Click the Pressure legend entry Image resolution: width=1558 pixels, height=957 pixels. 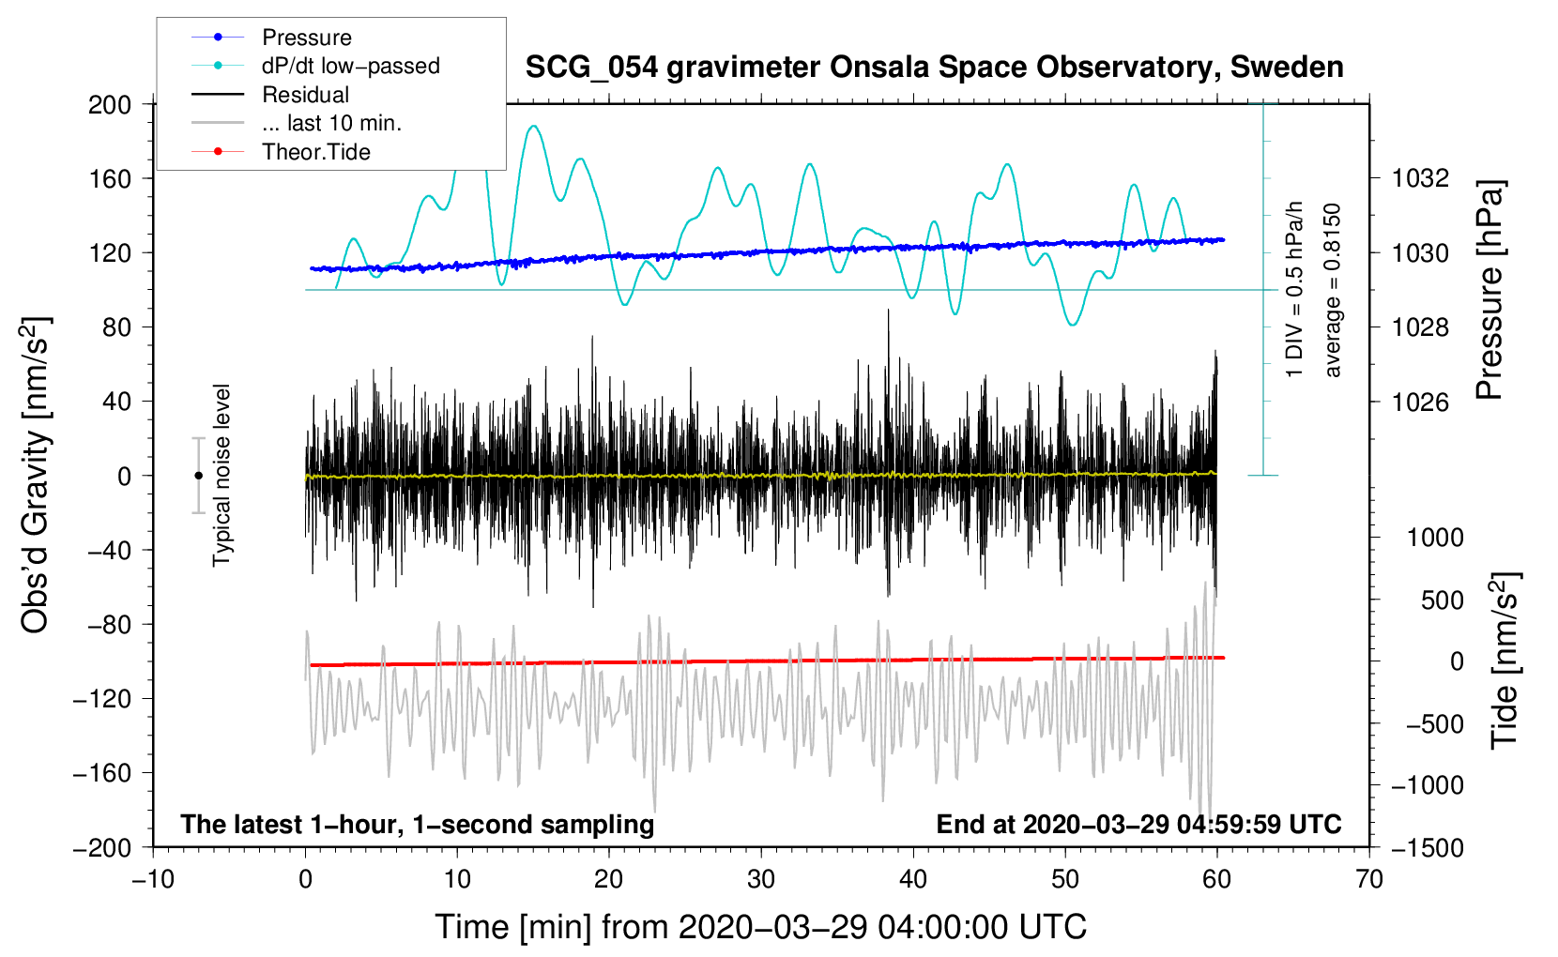[x=306, y=38]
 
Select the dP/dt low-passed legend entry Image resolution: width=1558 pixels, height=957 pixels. [x=350, y=66]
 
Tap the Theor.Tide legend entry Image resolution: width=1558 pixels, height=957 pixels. [x=315, y=152]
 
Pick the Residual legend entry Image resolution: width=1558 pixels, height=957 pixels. [x=305, y=95]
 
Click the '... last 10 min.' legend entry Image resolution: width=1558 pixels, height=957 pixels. [x=331, y=123]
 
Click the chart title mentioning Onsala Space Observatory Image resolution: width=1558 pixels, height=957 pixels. [x=934, y=68]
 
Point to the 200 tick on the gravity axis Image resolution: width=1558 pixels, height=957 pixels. [x=110, y=104]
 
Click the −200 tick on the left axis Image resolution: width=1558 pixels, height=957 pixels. [x=102, y=847]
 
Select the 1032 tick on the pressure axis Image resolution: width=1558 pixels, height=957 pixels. [x=1420, y=178]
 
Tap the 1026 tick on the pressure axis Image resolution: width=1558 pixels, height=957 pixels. [x=1420, y=402]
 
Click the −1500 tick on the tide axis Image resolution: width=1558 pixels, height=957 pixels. [x=1427, y=847]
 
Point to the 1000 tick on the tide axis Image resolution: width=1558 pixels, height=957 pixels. [x=1434, y=538]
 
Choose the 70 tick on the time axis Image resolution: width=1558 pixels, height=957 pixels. [x=1369, y=879]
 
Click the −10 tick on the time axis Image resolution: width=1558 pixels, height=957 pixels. [x=153, y=879]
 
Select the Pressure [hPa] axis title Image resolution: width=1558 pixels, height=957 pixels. [x=1489, y=291]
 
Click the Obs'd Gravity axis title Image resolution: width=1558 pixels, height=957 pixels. [x=36, y=475]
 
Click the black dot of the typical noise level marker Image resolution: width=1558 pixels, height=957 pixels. [x=198, y=476]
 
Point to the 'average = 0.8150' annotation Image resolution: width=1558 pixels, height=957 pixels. [x=1333, y=291]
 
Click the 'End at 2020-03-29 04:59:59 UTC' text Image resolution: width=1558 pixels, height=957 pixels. [x=1138, y=824]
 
